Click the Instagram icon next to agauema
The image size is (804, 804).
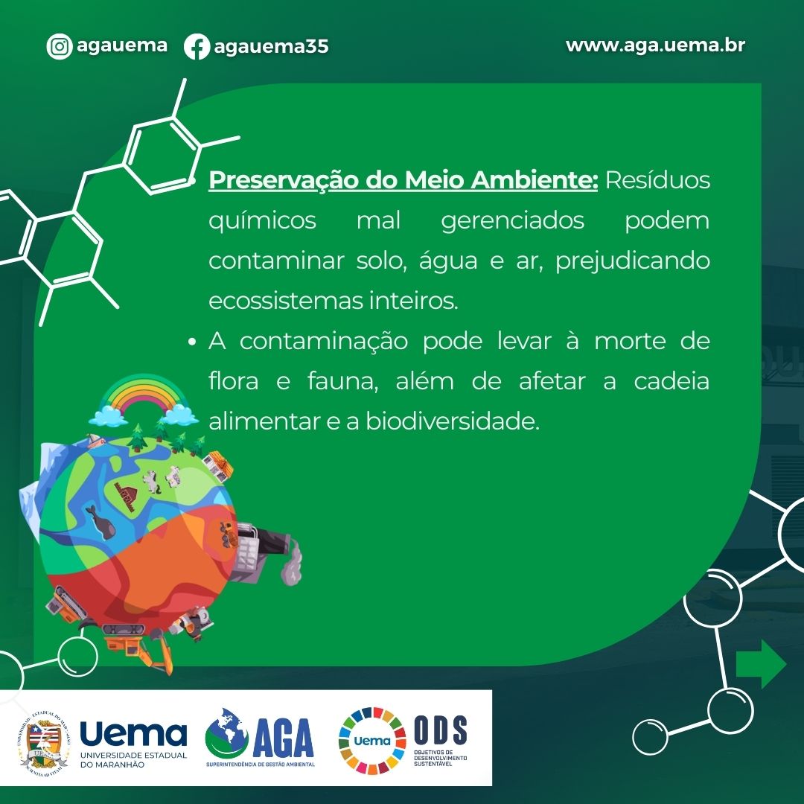click(60, 46)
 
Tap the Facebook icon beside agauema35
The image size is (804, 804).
click(197, 46)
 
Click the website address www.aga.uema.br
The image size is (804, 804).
click(655, 45)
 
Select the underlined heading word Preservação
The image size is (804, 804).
click(284, 180)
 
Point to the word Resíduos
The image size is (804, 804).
click(658, 180)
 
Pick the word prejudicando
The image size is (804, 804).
click(633, 261)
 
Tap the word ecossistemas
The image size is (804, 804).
click(286, 301)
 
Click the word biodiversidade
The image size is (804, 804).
click(453, 421)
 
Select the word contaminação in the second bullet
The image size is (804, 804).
click(324, 342)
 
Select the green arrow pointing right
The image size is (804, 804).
click(762, 664)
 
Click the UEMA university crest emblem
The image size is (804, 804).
click(44, 742)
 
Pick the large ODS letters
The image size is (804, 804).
click(441, 730)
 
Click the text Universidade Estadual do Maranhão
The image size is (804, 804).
click(134, 760)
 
